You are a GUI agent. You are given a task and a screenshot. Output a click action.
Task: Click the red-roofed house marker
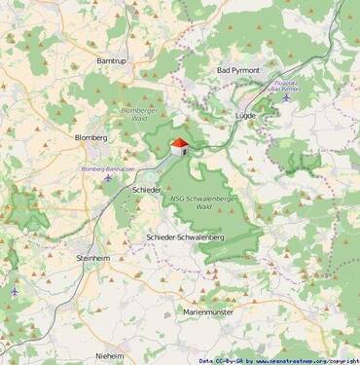[x=179, y=146]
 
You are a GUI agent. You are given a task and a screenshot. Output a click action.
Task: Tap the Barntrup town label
[x=112, y=60]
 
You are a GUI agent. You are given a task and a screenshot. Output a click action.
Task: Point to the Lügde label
[x=245, y=115]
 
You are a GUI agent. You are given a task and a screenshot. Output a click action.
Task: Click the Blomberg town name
[x=91, y=137]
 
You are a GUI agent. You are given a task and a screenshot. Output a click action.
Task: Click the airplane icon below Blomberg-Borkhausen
[x=107, y=178]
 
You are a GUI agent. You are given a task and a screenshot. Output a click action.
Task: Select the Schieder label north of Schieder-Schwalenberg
[x=147, y=189]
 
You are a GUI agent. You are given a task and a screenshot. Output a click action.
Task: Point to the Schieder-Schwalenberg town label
[x=185, y=237]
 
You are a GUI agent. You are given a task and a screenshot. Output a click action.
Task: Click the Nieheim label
[x=110, y=356]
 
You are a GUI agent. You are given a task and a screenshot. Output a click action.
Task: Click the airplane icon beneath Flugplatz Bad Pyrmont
[x=287, y=97]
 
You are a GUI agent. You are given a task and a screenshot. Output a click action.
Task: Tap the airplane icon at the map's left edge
[x=15, y=291]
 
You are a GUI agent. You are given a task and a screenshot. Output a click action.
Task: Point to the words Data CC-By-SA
[x=220, y=360]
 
